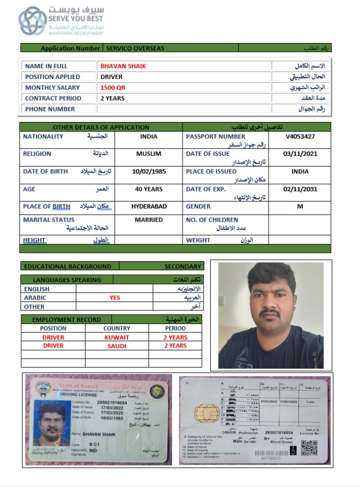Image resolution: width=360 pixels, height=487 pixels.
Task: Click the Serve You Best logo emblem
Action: click(33, 21)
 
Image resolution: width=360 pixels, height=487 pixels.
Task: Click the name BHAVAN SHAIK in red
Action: click(123, 66)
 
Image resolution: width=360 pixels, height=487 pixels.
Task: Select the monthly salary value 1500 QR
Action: click(113, 88)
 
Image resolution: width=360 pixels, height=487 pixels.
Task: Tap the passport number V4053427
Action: click(300, 136)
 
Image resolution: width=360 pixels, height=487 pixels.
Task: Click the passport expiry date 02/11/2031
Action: click(300, 189)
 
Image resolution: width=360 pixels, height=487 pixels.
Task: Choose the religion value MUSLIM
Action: click(148, 154)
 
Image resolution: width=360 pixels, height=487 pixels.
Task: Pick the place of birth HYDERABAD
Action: click(149, 206)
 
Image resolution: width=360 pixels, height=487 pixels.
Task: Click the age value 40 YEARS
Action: click(149, 189)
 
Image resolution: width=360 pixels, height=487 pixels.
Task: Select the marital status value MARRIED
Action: click(149, 220)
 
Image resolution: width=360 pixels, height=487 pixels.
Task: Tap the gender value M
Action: click(300, 206)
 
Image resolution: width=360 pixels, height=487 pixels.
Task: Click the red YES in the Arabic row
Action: click(114, 298)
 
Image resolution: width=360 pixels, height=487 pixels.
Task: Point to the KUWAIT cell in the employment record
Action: click(117, 337)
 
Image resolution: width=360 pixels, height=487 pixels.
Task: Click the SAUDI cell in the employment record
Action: click(117, 346)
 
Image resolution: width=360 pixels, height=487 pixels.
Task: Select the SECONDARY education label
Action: click(183, 266)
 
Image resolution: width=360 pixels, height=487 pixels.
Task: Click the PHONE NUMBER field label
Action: click(50, 109)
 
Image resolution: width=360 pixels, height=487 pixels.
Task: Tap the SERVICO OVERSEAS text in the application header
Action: click(135, 48)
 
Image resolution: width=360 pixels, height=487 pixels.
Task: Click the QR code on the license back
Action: click(309, 448)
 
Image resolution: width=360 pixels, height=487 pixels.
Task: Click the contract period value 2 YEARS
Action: click(112, 99)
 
